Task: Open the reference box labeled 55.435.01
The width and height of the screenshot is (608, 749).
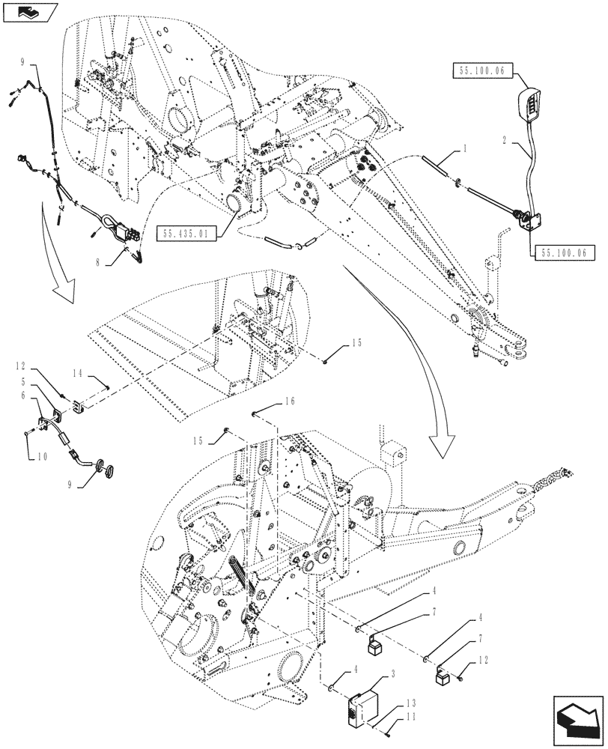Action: click(187, 234)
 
